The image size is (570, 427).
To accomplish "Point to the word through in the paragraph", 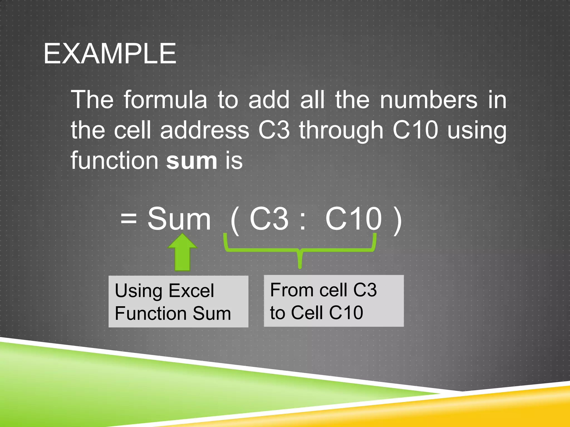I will (341, 131).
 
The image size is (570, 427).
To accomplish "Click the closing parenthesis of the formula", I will (398, 221).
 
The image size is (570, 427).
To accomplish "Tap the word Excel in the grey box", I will (191, 291).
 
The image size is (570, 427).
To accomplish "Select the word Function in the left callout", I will (150, 313).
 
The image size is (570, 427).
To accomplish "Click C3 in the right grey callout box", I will (365, 290).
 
